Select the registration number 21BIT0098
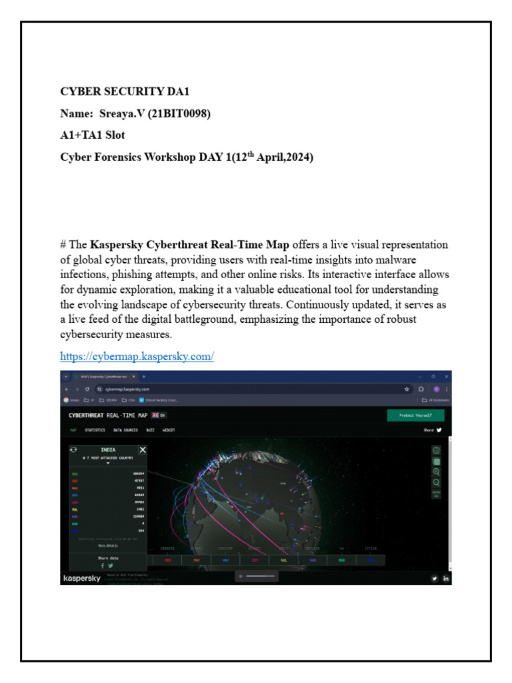point(179,114)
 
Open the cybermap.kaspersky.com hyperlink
point(137,356)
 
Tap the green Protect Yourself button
point(415,415)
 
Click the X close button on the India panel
point(142,450)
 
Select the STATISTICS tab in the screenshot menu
point(95,430)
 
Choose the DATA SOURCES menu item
point(125,430)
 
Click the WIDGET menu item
point(169,430)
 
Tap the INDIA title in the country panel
point(108,450)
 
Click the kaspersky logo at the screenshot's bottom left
point(81,578)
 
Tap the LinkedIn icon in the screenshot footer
point(446,578)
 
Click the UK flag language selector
point(156,415)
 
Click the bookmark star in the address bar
point(407,388)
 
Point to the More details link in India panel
point(108,545)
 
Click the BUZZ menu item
point(151,430)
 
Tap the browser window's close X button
point(446,376)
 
